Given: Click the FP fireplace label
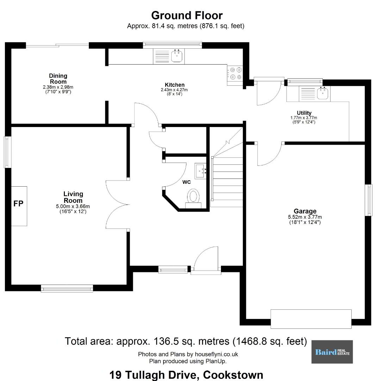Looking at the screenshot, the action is pos(18,204).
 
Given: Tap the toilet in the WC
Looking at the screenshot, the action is pos(193,198).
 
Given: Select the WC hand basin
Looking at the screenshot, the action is pos(200,171).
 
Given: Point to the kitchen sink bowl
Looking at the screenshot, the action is pos(177,56).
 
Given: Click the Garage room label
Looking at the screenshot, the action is pos(305,211).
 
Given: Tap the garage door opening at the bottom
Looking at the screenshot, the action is pos(311,319).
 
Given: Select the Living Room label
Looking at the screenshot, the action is pos(73,197).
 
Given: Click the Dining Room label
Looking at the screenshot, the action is pos(58,78).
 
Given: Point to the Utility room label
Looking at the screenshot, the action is pos(304,113).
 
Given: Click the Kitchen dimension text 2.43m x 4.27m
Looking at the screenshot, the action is pos(174,90).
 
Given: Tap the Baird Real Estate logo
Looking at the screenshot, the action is pos(332,352).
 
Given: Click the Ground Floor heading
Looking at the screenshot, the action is pos(187,15).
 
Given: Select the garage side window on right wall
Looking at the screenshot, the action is pos(369,200).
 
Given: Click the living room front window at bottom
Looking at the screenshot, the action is pos(67,288).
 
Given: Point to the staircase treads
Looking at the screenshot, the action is pos(227,182).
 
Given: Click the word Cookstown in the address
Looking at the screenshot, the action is pos(233,375).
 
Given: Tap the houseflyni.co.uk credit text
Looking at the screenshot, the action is pos(188,354).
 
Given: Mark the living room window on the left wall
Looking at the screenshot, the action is pos(8,152).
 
